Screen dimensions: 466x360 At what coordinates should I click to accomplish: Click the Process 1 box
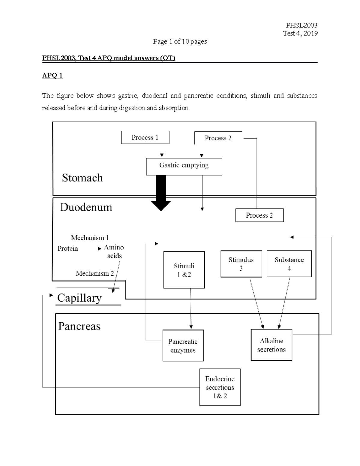point(145,138)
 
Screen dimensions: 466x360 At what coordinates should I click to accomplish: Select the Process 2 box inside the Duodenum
point(259,215)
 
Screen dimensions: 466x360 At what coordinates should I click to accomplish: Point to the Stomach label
point(82,178)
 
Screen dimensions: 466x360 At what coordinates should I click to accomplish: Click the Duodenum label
point(86,207)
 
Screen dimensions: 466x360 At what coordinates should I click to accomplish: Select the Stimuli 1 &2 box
point(184,270)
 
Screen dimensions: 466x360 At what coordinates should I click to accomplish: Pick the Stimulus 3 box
point(241,264)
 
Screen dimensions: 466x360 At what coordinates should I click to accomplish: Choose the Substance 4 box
point(289,264)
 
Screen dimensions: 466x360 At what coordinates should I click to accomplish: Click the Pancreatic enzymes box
point(183,346)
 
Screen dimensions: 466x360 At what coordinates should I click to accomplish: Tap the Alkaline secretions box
point(271,345)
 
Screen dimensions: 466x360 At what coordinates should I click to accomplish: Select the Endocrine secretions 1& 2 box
point(220,387)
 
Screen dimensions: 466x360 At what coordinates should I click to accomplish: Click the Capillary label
point(79,298)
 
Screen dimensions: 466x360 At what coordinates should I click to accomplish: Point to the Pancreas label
point(79,326)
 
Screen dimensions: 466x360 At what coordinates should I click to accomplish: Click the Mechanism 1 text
point(90,238)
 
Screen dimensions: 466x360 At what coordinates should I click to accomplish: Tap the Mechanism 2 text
point(94,273)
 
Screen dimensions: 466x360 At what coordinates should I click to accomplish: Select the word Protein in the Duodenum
point(67,248)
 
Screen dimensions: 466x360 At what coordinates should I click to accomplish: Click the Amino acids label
point(114,251)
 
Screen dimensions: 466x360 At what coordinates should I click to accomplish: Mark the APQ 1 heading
point(52,75)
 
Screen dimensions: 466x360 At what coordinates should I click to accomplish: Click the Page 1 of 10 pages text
point(180,41)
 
